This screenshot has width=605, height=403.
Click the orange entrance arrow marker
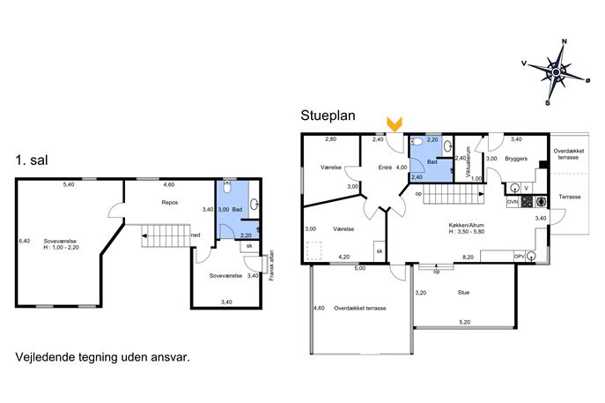pyautogui.click(x=395, y=124)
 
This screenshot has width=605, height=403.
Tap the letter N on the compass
pyautogui.click(x=564, y=41)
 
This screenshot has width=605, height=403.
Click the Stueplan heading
pyautogui.click(x=328, y=116)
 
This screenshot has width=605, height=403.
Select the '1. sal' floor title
pyautogui.click(x=32, y=160)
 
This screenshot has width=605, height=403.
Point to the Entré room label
pyautogui.click(x=385, y=168)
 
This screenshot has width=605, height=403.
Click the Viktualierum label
pyautogui.click(x=469, y=162)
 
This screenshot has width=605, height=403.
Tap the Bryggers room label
pyautogui.click(x=516, y=159)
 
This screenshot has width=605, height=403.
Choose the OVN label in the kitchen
pyautogui.click(x=513, y=202)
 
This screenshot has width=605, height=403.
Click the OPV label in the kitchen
pyautogui.click(x=519, y=256)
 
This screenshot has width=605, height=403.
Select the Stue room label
pyautogui.click(x=463, y=293)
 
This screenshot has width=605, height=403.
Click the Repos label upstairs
pyautogui.click(x=170, y=203)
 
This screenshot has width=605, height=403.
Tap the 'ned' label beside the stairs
pyautogui.click(x=196, y=235)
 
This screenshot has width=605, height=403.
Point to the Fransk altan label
pyautogui.click(x=272, y=265)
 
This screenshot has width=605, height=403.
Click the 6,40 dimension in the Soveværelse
pyautogui.click(x=24, y=241)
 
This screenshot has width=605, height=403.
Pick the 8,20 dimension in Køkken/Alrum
pyautogui.click(x=468, y=257)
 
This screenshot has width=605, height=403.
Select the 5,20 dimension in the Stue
pyautogui.click(x=465, y=322)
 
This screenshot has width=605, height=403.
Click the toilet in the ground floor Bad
pyautogui.click(x=417, y=142)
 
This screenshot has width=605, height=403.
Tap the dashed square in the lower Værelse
pyautogui.click(x=314, y=250)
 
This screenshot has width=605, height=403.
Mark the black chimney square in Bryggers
pyautogui.click(x=543, y=164)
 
